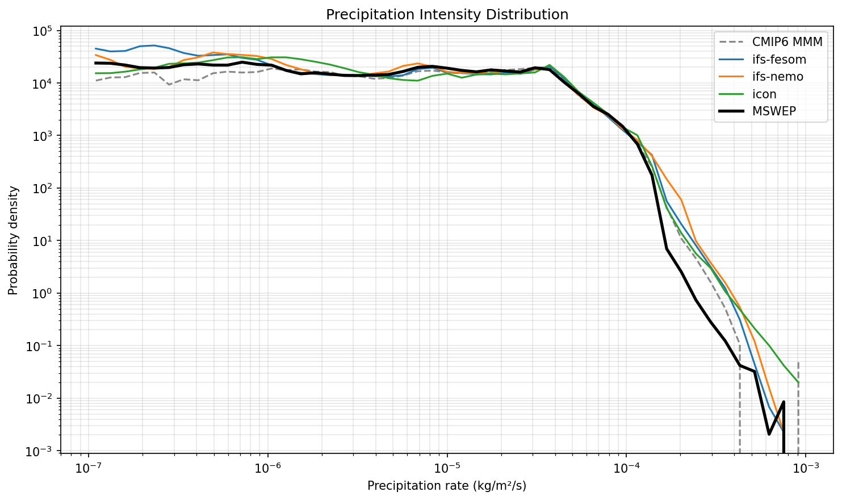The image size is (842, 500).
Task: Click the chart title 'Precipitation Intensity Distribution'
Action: point(447,15)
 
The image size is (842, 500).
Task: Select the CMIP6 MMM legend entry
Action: point(787,41)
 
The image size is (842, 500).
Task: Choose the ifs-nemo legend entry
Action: point(778,77)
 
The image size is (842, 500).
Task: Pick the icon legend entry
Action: point(764,94)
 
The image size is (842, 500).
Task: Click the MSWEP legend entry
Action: point(774,111)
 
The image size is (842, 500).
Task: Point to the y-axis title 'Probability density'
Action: point(13,240)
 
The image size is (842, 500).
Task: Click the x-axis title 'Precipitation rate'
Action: point(447,486)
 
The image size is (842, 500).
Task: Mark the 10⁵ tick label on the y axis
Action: point(41,31)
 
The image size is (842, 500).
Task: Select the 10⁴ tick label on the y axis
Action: point(41,84)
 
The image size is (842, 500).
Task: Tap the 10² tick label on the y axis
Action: point(41,189)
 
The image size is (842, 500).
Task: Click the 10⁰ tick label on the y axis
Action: point(41,294)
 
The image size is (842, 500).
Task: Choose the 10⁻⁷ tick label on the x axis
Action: point(89,469)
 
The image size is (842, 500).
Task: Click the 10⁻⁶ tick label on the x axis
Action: point(267,469)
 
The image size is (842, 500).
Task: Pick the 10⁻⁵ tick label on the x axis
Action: point(447,469)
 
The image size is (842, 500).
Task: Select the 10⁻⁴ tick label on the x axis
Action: point(626,469)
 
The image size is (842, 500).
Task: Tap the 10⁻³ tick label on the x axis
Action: point(805,469)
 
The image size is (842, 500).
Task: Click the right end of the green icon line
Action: point(798,382)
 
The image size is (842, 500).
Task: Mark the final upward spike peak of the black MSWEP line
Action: point(784,402)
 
